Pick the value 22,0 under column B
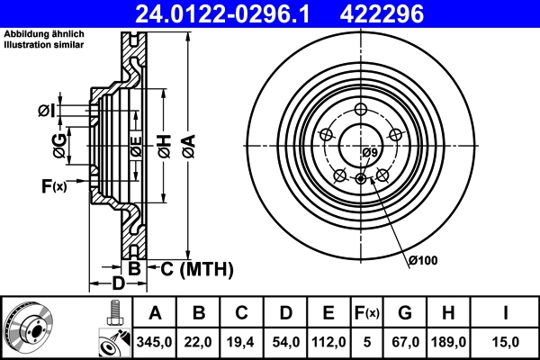[200, 341]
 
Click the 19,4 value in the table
[243, 341]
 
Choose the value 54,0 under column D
[286, 341]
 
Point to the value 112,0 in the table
[329, 341]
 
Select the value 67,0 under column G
[405, 341]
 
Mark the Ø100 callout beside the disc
[421, 260]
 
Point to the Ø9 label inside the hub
[369, 153]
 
